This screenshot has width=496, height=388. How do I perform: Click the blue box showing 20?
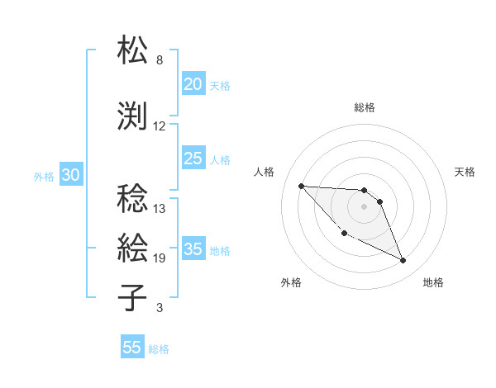(193, 84)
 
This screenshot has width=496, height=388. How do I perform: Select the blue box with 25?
(193, 159)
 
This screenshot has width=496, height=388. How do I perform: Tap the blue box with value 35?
(193, 250)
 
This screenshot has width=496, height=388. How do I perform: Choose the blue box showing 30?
(70, 176)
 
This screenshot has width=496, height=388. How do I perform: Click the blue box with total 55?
(132, 348)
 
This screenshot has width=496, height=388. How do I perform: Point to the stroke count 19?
(159, 258)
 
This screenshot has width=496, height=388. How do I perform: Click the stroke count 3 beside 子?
(160, 309)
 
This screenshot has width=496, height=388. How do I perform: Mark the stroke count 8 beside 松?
(160, 60)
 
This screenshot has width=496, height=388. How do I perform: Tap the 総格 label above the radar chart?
(364, 107)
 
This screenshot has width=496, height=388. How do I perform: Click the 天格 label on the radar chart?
(465, 172)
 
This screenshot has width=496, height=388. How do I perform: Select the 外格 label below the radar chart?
(291, 282)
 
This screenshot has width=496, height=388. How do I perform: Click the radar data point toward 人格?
(302, 186)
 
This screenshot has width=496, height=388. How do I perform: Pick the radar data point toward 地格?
(403, 261)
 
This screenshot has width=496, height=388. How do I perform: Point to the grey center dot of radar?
(364, 206)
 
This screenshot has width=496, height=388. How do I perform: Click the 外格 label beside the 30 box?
(44, 177)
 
